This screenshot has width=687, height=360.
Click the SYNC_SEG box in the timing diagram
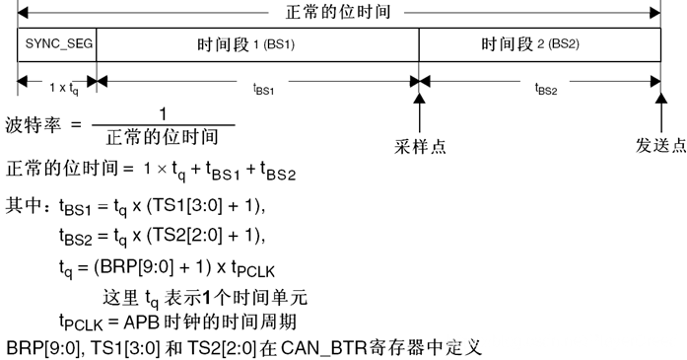[x=55, y=44]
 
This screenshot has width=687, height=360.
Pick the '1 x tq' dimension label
[x=57, y=87]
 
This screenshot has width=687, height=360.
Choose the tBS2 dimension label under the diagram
[x=545, y=87]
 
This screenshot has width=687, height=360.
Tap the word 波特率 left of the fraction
[x=31, y=125]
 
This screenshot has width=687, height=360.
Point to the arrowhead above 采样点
[x=421, y=98]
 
